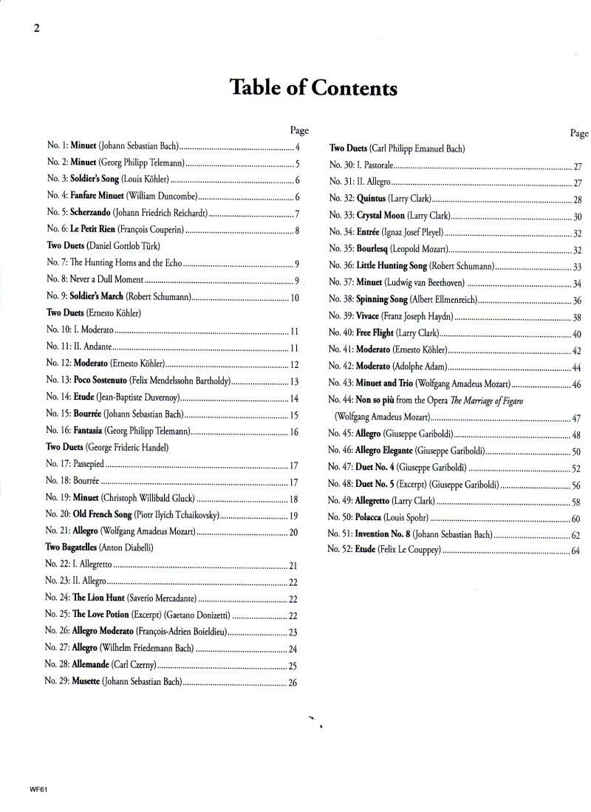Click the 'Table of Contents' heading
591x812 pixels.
(314, 89)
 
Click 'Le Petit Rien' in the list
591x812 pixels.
(95, 230)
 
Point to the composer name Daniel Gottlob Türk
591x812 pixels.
(124, 245)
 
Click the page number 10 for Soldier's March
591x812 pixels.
(294, 298)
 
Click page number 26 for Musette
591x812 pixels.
(293, 683)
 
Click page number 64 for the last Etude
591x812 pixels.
(576, 551)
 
